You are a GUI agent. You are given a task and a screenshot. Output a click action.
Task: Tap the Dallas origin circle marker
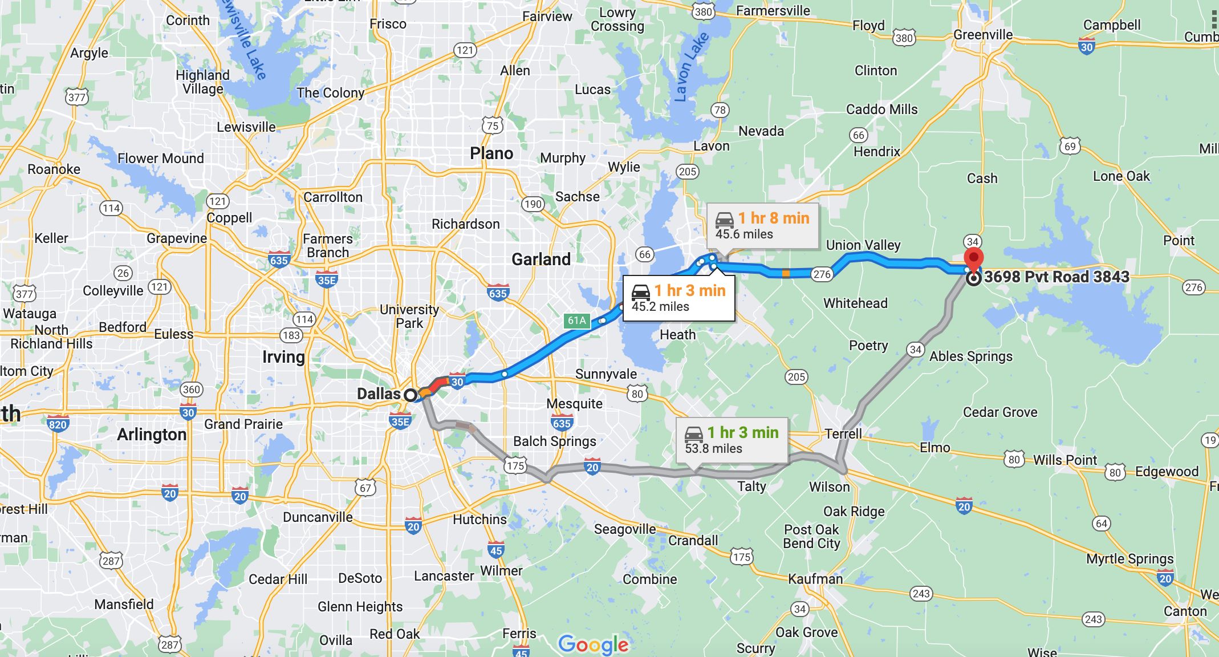pos(411,395)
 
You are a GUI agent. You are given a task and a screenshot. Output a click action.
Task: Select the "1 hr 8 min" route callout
pos(763,226)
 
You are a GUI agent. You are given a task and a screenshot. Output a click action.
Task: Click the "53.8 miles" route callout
pos(732,440)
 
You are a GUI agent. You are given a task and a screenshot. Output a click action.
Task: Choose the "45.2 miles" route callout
pos(678,298)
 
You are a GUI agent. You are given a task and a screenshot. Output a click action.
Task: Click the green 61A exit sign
pos(577,321)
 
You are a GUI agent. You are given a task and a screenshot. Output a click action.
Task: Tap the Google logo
pos(593,644)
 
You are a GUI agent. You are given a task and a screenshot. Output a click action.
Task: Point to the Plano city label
pos(491,153)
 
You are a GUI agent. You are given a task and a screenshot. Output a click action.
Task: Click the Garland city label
pos(541,259)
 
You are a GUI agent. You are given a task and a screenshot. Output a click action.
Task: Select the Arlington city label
pos(152,435)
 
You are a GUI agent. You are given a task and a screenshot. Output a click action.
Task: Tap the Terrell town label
pos(843,433)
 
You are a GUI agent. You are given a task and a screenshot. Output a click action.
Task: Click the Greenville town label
pos(983,35)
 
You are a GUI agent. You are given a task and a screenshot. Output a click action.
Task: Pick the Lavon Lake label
pos(691,67)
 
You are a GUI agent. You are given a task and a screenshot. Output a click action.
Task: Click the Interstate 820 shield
pos(58,423)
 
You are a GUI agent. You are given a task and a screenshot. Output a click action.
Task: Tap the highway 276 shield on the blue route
pos(822,274)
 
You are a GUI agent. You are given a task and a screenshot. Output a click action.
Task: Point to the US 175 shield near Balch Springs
pos(515,466)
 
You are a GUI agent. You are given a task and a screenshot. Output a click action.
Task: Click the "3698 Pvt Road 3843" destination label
pos(1057,277)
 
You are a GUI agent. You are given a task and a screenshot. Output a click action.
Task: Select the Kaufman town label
pos(815,579)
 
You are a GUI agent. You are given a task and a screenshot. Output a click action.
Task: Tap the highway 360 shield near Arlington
pos(191,390)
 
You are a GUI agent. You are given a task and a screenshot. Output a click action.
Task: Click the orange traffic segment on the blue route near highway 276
pos(786,274)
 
